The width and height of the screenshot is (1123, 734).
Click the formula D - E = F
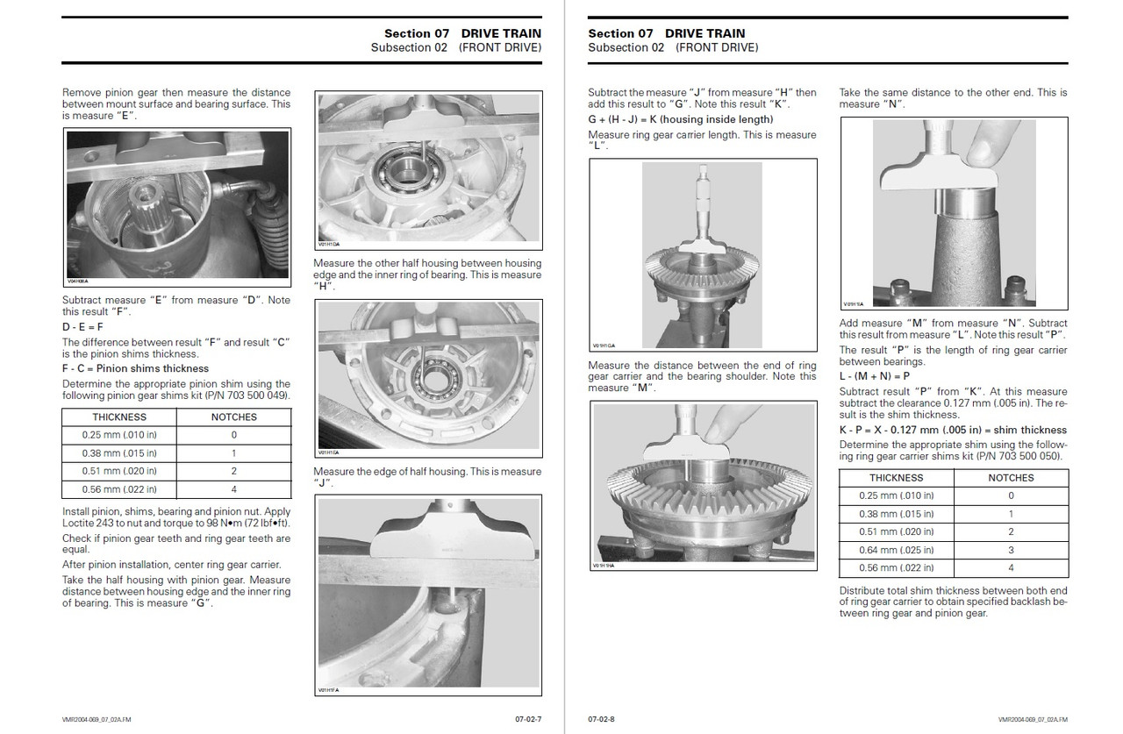[82, 326]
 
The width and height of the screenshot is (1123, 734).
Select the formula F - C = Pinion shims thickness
[135, 368]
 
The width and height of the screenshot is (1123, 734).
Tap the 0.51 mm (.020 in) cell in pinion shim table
[119, 471]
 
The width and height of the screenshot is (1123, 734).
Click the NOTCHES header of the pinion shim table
[233, 417]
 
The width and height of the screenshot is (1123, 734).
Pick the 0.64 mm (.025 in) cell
[896, 550]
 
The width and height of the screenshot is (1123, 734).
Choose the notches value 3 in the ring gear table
[1011, 550]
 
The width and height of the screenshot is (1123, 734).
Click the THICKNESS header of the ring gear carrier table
[896, 478]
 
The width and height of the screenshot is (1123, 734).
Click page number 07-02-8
[601, 719]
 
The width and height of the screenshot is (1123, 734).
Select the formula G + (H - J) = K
[681, 119]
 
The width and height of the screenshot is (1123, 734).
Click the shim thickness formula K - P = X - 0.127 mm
[953, 430]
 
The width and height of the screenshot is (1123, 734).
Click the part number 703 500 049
[258, 396]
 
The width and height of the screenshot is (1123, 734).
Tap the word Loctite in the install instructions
[81, 524]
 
